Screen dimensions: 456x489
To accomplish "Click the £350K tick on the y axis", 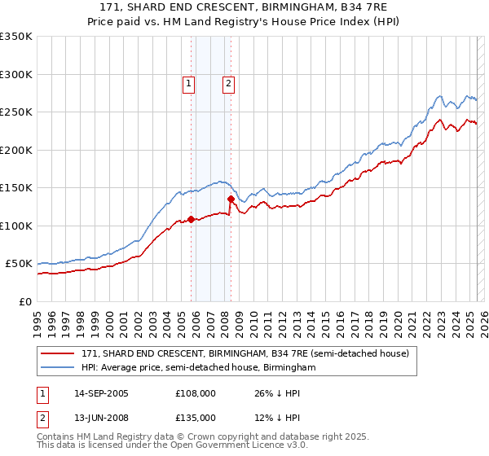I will coord(16,37).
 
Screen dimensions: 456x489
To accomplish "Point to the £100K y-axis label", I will coord(16,226).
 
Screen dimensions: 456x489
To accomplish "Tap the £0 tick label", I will coord(24,301).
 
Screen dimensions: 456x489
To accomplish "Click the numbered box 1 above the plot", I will coord(188,83).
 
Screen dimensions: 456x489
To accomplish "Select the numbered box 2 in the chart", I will coord(227,83).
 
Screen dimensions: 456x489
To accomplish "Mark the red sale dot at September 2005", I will coord(192,219).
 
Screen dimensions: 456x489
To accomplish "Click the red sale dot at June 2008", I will coord(231,199).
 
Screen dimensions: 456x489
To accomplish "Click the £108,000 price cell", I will coord(196,393).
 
